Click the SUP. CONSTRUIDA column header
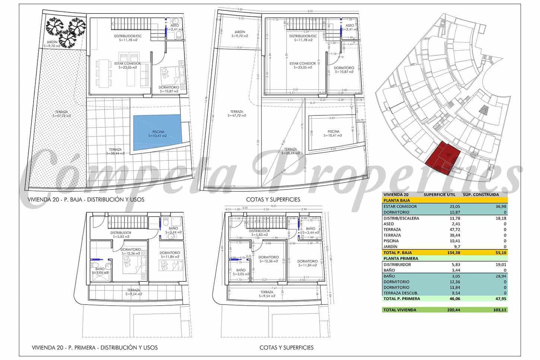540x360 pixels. pyautogui.click(x=480, y=194)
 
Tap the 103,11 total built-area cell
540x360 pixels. pyautogui.click(x=499, y=310)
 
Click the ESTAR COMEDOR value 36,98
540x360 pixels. pyautogui.click(x=499, y=206)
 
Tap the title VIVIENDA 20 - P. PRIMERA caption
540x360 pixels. pyautogui.click(x=95, y=348)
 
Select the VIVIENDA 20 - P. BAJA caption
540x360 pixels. pyautogui.click(x=86, y=200)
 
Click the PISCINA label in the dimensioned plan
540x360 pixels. pyautogui.click(x=333, y=131)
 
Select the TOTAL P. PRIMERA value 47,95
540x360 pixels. pyautogui.click(x=499, y=299)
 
